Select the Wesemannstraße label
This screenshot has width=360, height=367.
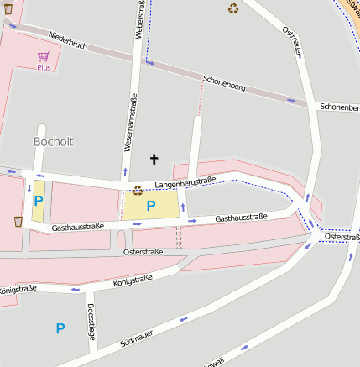(x=131, y=123)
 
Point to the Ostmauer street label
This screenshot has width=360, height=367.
(x=292, y=42)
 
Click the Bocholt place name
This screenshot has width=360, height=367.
(x=53, y=142)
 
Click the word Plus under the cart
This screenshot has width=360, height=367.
(x=44, y=67)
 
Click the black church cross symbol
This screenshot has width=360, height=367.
(x=154, y=158)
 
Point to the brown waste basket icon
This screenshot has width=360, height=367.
(x=18, y=222)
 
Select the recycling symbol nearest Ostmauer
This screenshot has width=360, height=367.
(x=232, y=8)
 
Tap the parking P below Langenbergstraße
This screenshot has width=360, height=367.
(x=151, y=205)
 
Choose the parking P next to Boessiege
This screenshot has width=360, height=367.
(x=60, y=328)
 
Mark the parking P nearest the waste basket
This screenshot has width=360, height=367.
(x=38, y=201)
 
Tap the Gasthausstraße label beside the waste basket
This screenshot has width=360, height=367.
(x=77, y=227)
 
